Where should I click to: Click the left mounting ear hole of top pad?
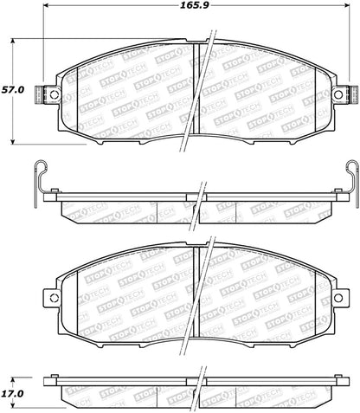pyautogui.click(x=54, y=95)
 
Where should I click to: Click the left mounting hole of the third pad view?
pyautogui.click(x=54, y=299)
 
